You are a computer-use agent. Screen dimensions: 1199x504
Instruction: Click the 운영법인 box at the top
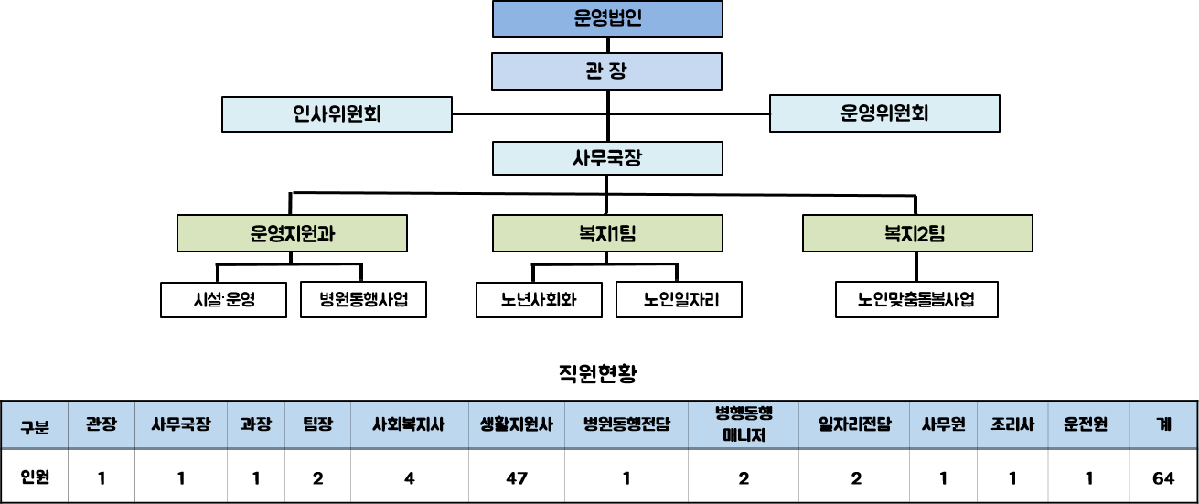[x=607, y=18]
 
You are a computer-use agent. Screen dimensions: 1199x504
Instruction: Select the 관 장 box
[x=606, y=71]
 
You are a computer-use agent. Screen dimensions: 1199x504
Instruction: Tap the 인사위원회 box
[x=337, y=114]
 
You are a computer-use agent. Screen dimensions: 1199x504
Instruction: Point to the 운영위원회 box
[x=884, y=113]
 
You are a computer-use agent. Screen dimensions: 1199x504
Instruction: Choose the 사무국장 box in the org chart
[x=607, y=158]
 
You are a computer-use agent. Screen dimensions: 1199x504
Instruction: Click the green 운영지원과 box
[x=292, y=233]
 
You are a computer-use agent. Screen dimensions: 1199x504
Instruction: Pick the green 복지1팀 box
[x=607, y=233]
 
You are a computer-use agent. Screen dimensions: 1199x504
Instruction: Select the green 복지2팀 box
[x=917, y=233]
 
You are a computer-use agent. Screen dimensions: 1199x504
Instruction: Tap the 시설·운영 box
[x=223, y=299]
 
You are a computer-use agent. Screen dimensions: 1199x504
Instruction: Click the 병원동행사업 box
[x=363, y=299]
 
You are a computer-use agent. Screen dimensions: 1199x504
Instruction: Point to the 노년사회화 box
[x=539, y=299]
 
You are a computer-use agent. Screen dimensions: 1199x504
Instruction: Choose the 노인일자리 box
[x=679, y=299]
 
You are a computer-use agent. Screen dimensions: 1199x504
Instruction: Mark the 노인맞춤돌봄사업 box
[x=916, y=299]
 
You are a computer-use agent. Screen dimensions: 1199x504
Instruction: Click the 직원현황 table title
[x=598, y=373]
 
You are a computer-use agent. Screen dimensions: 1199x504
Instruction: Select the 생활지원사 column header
[x=517, y=424]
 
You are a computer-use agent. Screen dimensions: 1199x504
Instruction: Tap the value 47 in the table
[x=517, y=477]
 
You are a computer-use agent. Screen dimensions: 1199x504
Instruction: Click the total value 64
[x=1163, y=477]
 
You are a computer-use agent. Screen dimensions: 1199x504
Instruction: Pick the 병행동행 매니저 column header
[x=744, y=424]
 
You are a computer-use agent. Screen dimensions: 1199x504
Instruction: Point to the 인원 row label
[x=35, y=477]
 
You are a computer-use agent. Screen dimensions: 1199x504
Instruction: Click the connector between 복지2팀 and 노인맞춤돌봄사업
[x=916, y=267]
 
